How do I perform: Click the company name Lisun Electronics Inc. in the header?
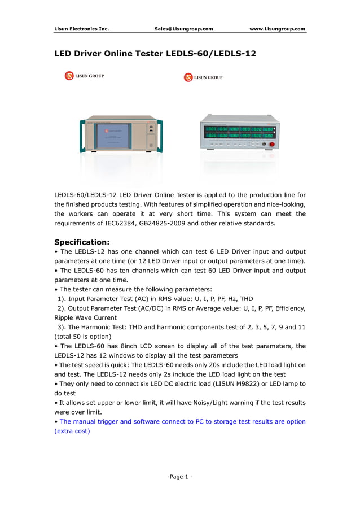pos(81,29)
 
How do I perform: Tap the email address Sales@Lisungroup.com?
pos(183,29)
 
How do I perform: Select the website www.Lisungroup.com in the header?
pos(277,29)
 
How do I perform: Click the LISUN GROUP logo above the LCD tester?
pos(84,76)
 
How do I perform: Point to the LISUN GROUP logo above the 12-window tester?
pos(203,77)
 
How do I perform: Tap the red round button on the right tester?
pos(271,145)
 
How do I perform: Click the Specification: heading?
pos(81,242)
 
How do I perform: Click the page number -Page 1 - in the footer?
pos(180,477)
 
